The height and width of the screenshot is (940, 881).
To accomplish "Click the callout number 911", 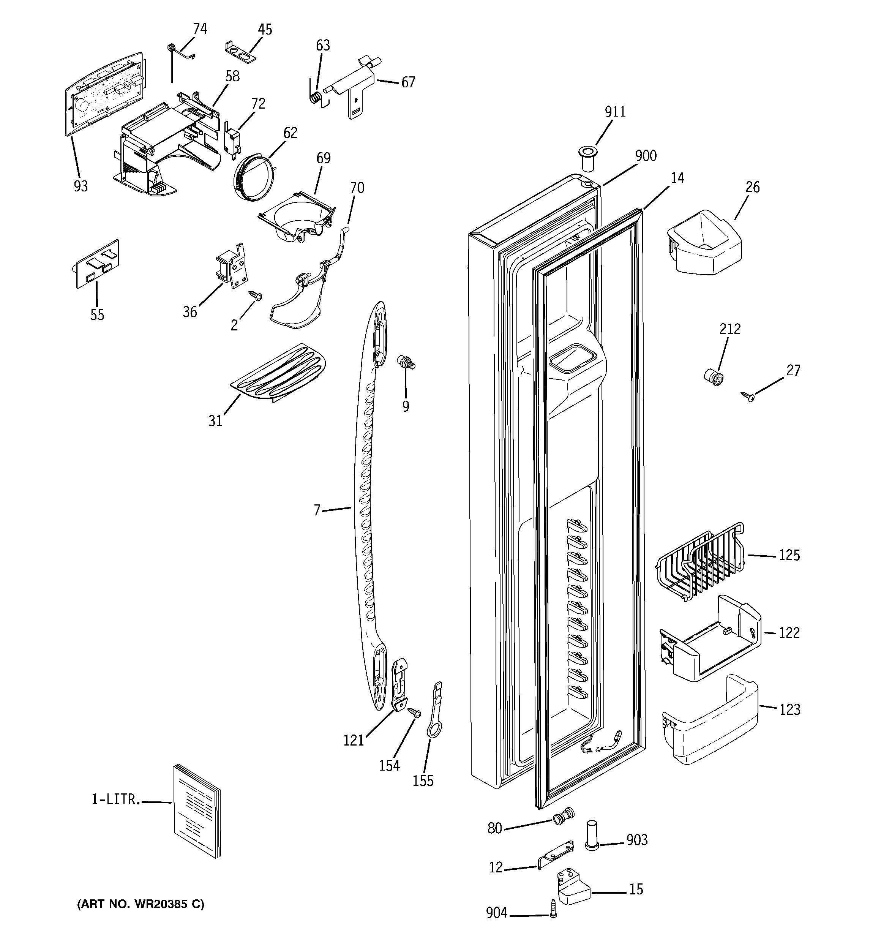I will point(615,112).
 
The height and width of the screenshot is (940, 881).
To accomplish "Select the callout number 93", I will point(81,186).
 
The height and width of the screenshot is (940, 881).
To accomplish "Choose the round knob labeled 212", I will point(714,378).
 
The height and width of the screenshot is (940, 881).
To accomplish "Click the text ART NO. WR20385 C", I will point(141,904).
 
